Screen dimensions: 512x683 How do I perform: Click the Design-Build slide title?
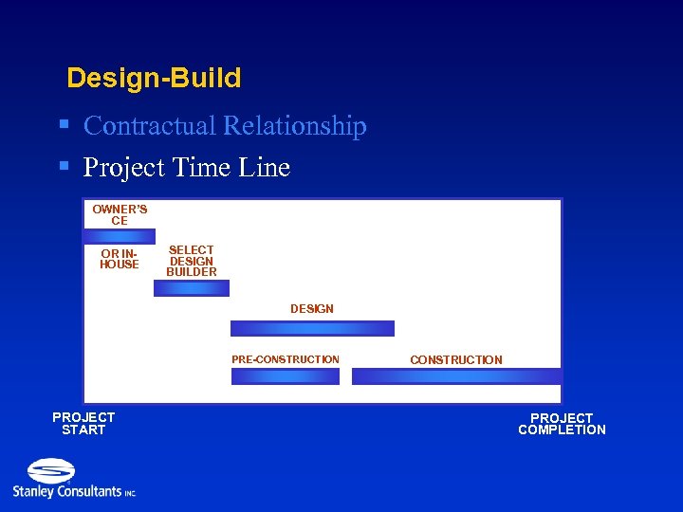(154, 78)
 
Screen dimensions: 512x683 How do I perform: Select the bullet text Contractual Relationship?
(225, 126)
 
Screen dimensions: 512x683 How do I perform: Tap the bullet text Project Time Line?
(186, 168)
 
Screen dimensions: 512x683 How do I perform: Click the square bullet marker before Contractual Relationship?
(64, 124)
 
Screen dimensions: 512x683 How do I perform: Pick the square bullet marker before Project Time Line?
(64, 166)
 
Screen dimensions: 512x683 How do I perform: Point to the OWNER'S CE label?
(120, 214)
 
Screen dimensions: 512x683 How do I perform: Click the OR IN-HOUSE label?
(120, 259)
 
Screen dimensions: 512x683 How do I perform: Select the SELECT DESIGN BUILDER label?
(192, 261)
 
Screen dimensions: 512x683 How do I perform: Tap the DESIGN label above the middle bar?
(312, 309)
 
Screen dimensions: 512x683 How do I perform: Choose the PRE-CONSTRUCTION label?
(285, 359)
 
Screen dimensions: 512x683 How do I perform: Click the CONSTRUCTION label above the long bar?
(456, 360)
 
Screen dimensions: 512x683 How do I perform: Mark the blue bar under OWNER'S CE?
(119, 236)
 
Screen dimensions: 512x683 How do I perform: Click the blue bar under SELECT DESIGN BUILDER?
(192, 288)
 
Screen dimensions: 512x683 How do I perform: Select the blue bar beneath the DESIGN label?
(312, 328)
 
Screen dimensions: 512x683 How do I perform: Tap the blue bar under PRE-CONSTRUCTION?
(285, 376)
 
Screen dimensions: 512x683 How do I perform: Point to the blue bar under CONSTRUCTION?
(456, 376)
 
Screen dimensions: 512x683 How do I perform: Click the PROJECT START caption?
(83, 424)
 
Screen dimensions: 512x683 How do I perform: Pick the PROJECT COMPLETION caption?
(562, 424)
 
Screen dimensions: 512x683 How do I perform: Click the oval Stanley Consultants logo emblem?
(51, 470)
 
